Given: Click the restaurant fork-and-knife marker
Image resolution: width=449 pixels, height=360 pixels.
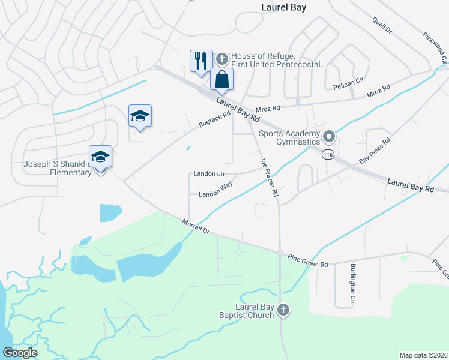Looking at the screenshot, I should pos(200,61).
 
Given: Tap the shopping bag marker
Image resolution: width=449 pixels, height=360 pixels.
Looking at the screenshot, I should pos(221,79).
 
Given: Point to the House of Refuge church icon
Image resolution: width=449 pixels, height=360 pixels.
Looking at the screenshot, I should pos(222,59).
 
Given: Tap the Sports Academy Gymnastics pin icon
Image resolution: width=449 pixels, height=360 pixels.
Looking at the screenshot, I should pos(328,137).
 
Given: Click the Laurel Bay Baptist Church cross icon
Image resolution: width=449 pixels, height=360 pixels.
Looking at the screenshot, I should pos(283,310).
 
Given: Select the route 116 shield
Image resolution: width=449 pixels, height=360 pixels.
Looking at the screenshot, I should pos(328,154).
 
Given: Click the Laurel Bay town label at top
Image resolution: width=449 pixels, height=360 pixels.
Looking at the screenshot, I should pos(284,7).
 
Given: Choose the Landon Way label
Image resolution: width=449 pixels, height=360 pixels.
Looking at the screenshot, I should pos(215,190).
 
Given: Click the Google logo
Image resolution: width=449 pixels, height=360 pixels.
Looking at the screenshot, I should pos(20,352).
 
